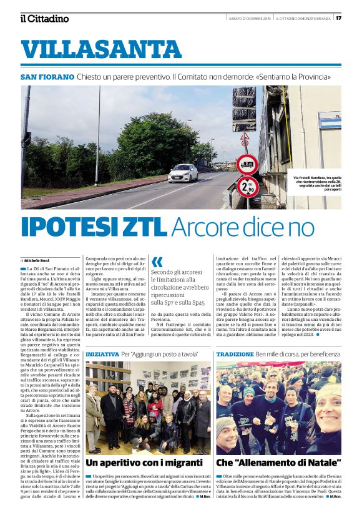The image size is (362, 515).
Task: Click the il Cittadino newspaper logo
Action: tap(44, 18)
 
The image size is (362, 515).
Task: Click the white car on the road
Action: tap(183, 173)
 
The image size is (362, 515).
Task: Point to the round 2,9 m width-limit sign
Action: tap(246, 185)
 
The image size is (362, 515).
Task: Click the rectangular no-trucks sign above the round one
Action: tap(247, 164)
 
